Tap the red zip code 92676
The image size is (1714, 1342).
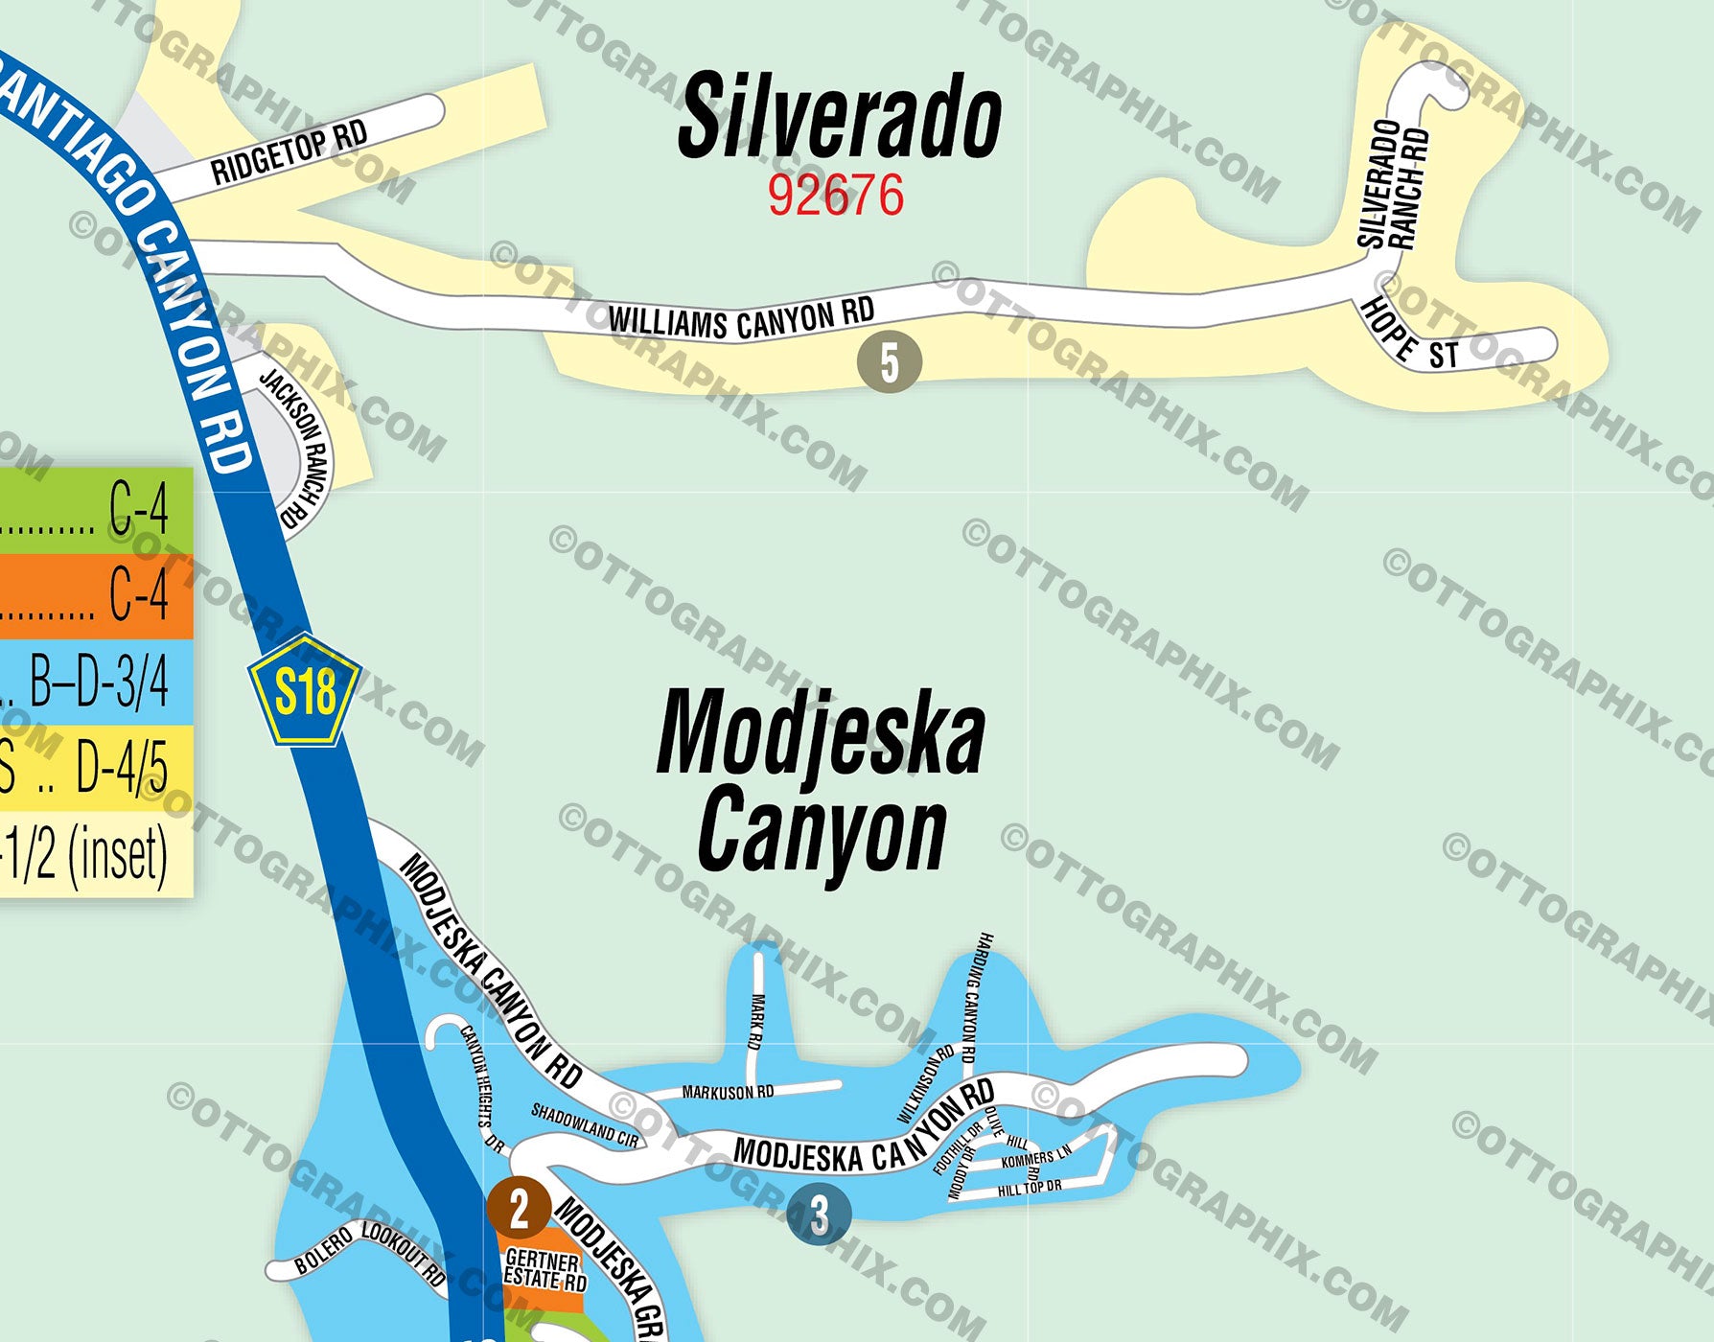pyautogui.click(x=835, y=196)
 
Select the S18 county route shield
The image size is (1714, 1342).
pyautogui.click(x=305, y=691)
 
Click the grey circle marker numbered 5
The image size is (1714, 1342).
pyautogui.click(x=890, y=362)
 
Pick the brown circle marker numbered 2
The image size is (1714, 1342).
pyautogui.click(x=519, y=1209)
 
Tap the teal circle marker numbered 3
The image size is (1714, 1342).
pyautogui.click(x=819, y=1215)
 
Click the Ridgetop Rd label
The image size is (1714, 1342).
pyautogui.click(x=289, y=153)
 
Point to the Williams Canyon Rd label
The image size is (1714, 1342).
pyautogui.click(x=741, y=319)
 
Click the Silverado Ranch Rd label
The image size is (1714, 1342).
pyautogui.click(x=1394, y=184)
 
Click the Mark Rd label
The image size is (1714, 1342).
pyautogui.click(x=756, y=1022)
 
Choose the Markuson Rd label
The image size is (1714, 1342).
pyautogui.click(x=728, y=1092)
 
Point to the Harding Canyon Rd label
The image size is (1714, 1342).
pyautogui.click(x=976, y=998)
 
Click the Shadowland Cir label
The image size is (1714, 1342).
pyautogui.click(x=585, y=1125)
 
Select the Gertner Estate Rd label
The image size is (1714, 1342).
pyautogui.click(x=544, y=1270)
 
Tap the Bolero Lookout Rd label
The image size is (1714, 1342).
pyautogui.click(x=370, y=1253)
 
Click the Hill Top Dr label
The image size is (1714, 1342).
pyautogui.click(x=1030, y=1188)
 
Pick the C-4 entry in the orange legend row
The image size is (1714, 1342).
pyautogui.click(x=139, y=595)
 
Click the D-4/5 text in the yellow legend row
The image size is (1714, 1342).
pyautogui.click(x=122, y=768)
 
